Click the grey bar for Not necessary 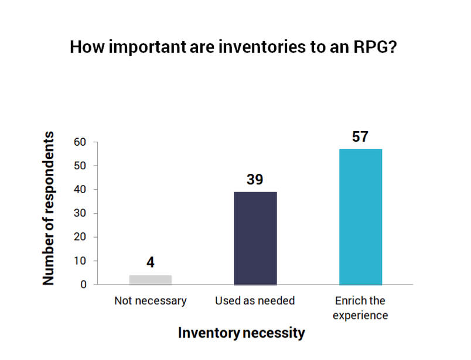point(151,280)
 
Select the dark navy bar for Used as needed point(255,238)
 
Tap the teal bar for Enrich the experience point(361,217)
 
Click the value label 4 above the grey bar point(151,262)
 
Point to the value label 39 point(255,179)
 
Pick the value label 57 point(360,136)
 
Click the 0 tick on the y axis point(83,284)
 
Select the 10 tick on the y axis point(80,261)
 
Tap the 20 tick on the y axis point(80,237)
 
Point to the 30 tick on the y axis point(80,213)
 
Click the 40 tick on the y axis point(80,190)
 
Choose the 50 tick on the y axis point(80,166)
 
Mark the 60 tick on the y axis point(80,142)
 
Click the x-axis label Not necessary point(151,301)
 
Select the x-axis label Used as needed point(255,301)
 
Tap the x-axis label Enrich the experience point(361,308)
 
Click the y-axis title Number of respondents point(49,208)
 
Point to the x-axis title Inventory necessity point(241,334)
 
